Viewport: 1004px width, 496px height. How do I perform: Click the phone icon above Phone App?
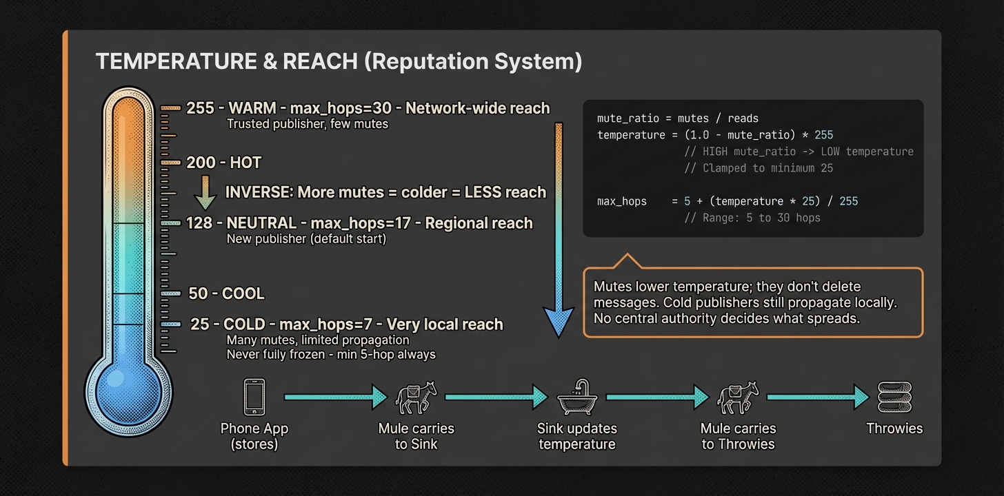tap(254, 397)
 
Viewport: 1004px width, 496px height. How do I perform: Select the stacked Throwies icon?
tap(894, 397)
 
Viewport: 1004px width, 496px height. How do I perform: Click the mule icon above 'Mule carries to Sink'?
tap(416, 397)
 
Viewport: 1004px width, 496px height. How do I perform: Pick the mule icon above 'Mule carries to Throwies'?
tap(738, 397)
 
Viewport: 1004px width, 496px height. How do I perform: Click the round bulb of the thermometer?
tap(129, 391)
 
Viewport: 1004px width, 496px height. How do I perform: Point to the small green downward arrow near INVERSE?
tap(205, 192)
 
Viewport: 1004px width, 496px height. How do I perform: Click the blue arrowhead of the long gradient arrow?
tap(558, 320)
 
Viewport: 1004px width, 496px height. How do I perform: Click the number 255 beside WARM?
tap(200, 109)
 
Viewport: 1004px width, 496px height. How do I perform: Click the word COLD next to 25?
tap(245, 324)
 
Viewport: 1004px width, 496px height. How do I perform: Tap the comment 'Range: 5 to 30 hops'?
tap(752, 218)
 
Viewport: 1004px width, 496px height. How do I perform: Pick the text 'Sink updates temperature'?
tap(576, 436)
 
